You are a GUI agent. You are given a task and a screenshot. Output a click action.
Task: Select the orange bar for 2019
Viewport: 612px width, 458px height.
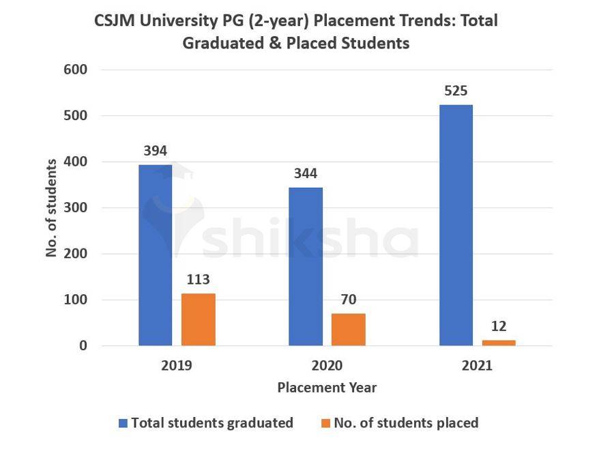198,319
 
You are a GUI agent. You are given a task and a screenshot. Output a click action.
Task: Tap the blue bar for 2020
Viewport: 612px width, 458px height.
306,266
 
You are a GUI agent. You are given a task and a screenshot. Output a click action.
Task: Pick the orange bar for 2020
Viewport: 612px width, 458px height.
348,329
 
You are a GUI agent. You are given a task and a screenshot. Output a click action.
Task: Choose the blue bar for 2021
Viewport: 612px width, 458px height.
456,225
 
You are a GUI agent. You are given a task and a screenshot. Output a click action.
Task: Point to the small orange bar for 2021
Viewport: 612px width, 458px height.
499,343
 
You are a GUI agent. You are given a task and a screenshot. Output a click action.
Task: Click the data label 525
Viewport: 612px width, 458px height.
456,91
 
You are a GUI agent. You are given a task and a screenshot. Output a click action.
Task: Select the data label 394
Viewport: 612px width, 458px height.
156,151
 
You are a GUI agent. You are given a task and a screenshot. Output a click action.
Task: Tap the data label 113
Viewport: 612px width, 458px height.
198,279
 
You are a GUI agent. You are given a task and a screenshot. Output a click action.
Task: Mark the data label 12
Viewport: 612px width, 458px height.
499,326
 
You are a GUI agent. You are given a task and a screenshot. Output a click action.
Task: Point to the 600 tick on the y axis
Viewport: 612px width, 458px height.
75,70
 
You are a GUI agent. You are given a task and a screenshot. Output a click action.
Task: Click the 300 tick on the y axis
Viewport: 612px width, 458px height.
75,207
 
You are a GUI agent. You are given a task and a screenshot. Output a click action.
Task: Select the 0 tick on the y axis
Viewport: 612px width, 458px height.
83,346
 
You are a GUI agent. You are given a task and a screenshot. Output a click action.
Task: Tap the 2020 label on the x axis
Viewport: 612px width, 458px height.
327,365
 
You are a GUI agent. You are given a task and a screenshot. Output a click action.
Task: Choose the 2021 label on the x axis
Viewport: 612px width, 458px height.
477,365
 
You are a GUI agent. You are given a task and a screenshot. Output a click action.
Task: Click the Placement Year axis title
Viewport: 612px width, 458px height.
327,388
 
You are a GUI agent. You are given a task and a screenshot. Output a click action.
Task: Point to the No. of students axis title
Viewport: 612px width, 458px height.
52,207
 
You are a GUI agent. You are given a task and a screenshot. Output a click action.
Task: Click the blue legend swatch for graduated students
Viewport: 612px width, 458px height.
123,423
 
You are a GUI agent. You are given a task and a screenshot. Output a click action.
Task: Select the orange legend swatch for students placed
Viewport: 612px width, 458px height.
325,423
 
